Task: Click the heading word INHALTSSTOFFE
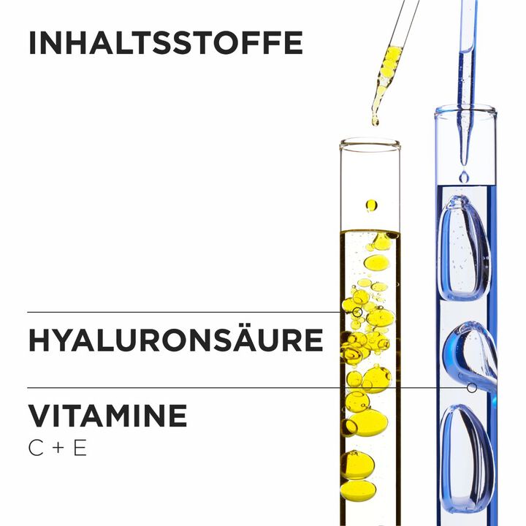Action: [x=166, y=42]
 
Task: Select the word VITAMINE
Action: [x=107, y=416]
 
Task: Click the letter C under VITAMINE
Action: [x=36, y=448]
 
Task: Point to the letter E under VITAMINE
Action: [x=80, y=448]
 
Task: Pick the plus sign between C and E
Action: [x=58, y=448]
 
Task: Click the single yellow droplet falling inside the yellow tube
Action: [x=372, y=205]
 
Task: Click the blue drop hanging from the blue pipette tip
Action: [x=465, y=176]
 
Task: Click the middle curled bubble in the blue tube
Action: [x=470, y=357]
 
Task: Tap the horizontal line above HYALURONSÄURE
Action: [x=184, y=313]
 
